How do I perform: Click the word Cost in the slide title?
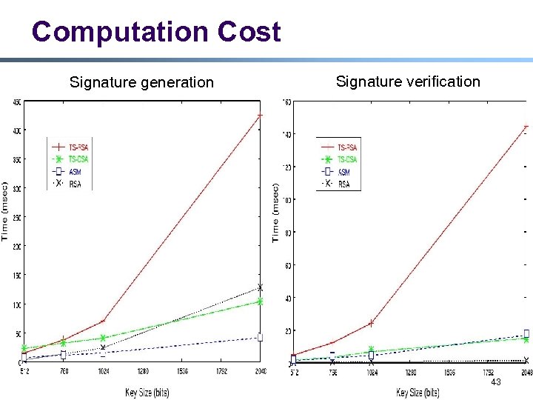tap(249, 32)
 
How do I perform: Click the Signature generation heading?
tap(141, 82)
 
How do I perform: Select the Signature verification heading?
tap(408, 81)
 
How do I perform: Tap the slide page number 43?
tap(496, 381)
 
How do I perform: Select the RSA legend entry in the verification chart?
tap(343, 184)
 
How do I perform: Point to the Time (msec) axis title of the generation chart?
tap(6, 210)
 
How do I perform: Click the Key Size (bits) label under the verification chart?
tap(418, 392)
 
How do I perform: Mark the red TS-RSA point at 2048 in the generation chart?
tap(260, 116)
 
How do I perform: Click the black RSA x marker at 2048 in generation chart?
tap(260, 287)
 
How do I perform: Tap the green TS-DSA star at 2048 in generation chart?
tap(260, 301)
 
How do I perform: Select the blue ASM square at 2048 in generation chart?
tap(260, 337)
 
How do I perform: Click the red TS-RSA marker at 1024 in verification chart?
tap(371, 323)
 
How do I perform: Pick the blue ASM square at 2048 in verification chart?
tap(526, 333)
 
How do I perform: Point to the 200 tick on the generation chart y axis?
tap(16, 246)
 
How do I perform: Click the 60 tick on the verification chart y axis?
tap(286, 265)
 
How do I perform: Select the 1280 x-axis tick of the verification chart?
tap(409, 373)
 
